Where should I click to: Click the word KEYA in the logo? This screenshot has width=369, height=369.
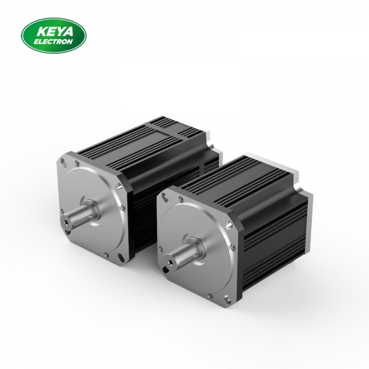tap(54, 30)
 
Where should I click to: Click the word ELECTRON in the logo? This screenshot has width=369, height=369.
tap(54, 41)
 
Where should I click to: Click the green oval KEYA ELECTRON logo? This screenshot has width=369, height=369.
tap(54, 35)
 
